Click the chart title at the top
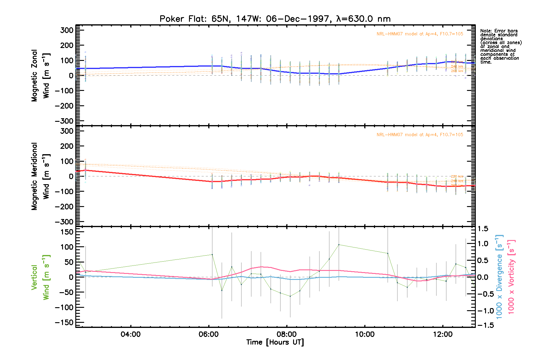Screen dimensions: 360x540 (x=275, y=19)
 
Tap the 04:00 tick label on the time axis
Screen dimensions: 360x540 (x=130, y=334)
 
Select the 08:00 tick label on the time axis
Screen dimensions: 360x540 (x=286, y=334)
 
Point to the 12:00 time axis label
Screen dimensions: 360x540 (x=443, y=334)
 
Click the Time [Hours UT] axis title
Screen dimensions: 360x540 (x=275, y=342)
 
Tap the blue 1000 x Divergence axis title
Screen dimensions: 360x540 (x=499, y=277)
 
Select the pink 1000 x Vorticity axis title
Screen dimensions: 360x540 (x=511, y=277)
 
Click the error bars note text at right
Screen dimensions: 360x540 (x=500, y=46)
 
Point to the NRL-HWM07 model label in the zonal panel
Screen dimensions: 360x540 (x=420, y=34)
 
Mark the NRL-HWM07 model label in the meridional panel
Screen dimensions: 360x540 (x=420, y=135)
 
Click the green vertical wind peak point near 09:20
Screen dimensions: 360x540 (x=339, y=244)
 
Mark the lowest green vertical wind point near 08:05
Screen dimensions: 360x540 (x=290, y=296)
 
